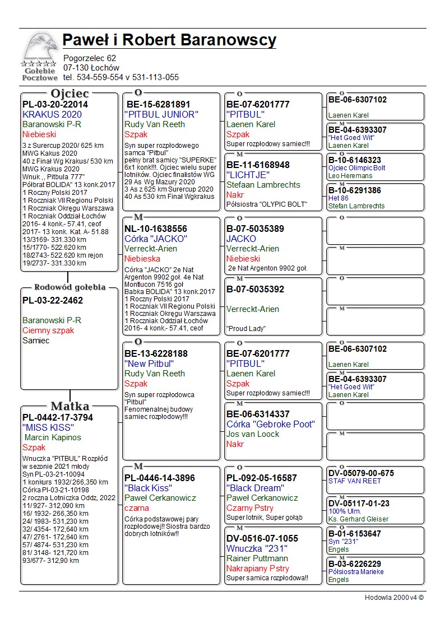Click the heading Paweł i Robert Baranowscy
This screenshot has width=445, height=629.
pyautogui.click(x=169, y=40)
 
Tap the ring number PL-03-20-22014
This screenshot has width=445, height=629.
pyautogui.click(x=55, y=104)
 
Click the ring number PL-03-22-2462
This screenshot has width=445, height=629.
pyautogui.click(x=53, y=301)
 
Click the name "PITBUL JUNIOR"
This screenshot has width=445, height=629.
pyautogui.click(x=161, y=114)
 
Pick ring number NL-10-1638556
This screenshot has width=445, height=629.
pyautogui.click(x=156, y=229)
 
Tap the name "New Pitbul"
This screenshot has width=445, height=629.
pyautogui.click(x=149, y=364)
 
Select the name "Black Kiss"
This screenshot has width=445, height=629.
pyautogui.click(x=148, y=488)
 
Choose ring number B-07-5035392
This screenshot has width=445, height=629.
pyautogui.click(x=255, y=290)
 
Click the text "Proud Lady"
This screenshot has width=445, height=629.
pyautogui.click(x=246, y=329)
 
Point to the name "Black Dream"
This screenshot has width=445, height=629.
pyautogui.click(x=254, y=488)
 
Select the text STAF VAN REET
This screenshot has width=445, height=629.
pyautogui.click(x=355, y=481)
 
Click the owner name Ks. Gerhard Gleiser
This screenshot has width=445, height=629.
pyautogui.click(x=358, y=519)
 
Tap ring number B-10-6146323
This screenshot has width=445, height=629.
pyautogui.click(x=355, y=160)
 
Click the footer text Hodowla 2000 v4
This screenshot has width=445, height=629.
pyautogui.click(x=394, y=598)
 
